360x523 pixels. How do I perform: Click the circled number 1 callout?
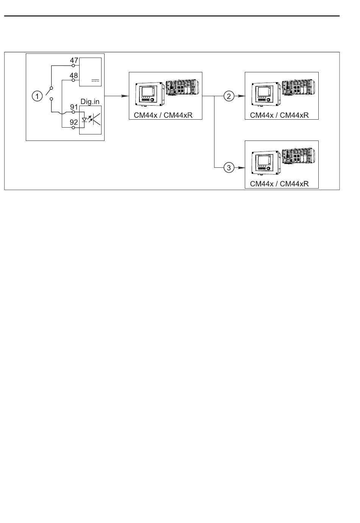37,96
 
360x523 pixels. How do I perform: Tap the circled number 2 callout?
229,96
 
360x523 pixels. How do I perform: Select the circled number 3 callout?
229,167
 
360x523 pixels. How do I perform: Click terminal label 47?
74,60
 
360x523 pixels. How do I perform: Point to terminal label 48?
74,75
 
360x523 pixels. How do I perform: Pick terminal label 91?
74,107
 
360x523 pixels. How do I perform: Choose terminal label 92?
74,122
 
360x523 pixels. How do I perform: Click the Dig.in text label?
90,101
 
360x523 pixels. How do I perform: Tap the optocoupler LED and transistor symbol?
91,119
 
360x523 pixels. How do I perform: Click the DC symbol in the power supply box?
95,81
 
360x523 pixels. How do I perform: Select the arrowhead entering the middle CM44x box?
126,96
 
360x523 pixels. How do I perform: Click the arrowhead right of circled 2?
241,96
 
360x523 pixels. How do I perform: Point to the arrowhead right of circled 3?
241,168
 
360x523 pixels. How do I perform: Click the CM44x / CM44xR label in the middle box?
163,115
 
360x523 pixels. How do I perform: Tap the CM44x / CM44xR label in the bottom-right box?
279,184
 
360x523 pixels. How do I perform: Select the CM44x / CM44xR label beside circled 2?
279,115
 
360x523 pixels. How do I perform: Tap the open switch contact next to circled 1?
50,94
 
